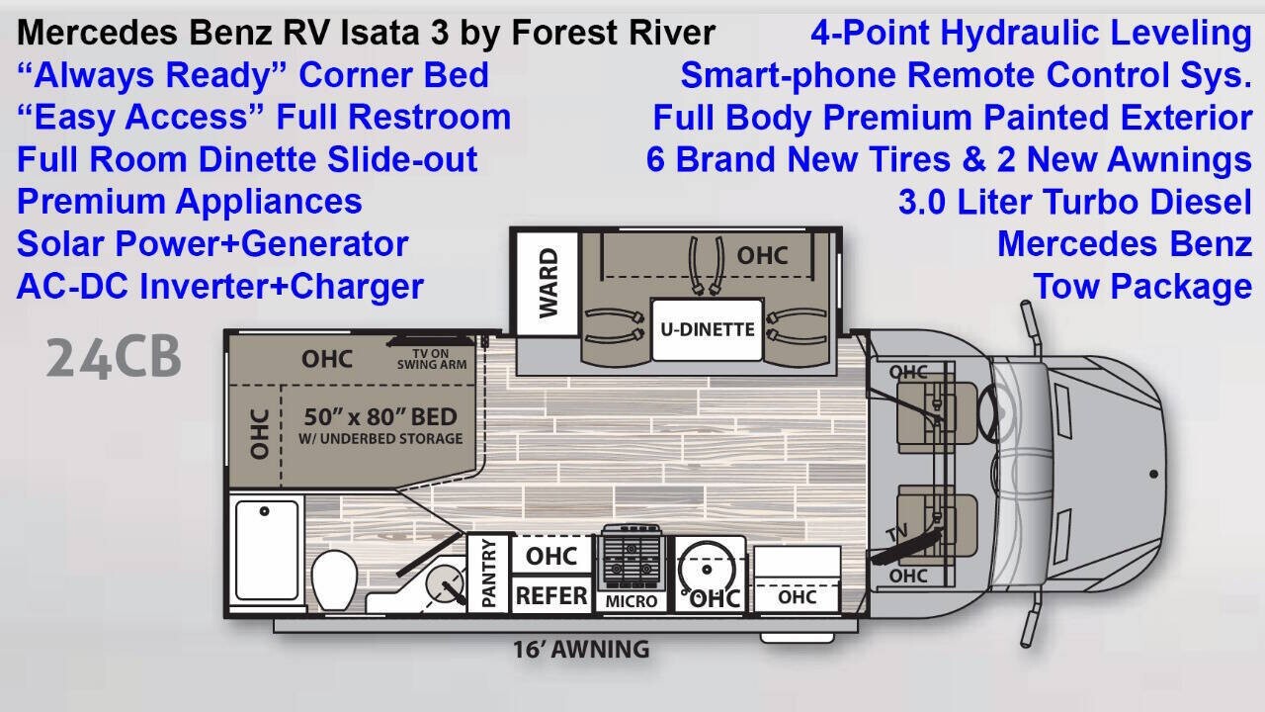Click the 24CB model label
(x=114, y=358)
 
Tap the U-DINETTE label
(x=707, y=329)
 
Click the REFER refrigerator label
(x=551, y=595)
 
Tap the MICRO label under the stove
(x=632, y=600)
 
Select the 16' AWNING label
(x=580, y=650)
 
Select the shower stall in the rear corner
(x=265, y=555)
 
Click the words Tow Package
(x=1142, y=287)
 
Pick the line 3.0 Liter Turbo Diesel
(x=1074, y=202)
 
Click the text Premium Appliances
(x=190, y=202)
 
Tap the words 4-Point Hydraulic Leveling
(x=1031, y=33)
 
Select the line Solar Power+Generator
(x=212, y=244)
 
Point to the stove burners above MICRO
(x=632, y=561)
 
